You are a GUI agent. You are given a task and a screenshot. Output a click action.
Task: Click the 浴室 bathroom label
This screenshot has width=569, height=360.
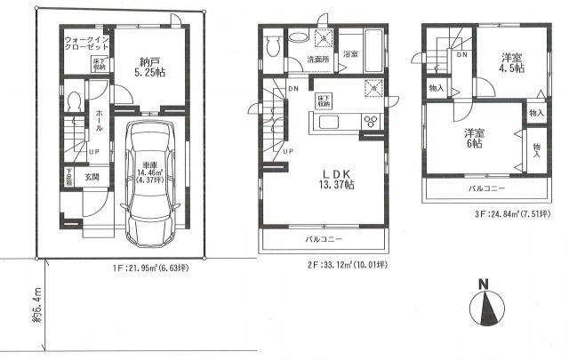(x=349, y=54)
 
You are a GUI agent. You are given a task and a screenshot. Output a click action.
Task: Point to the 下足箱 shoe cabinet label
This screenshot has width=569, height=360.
(x=68, y=178)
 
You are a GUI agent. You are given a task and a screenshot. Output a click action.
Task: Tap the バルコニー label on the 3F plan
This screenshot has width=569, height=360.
(x=488, y=190)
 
